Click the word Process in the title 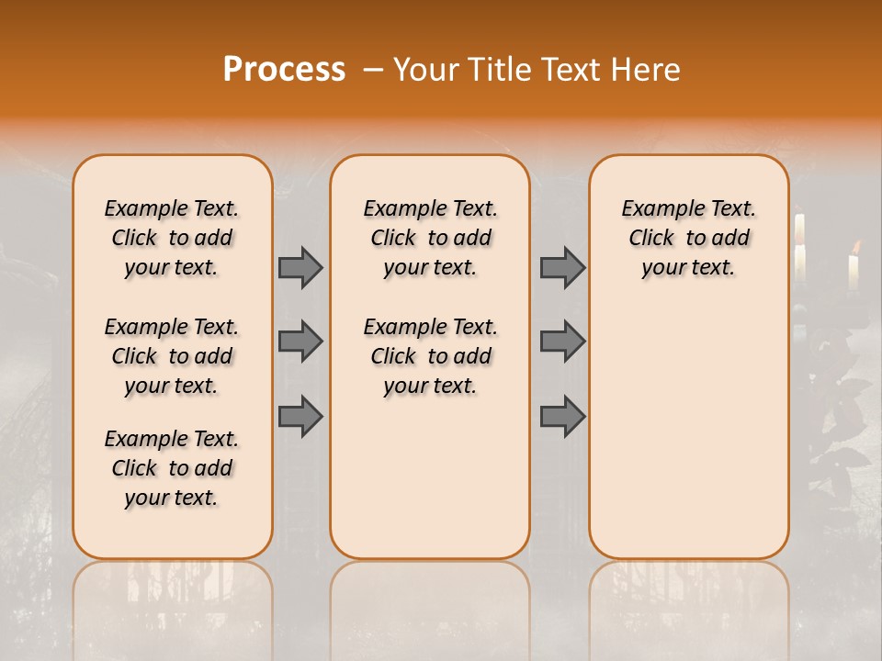pos(284,70)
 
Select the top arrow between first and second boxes pos(300,267)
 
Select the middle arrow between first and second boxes pos(300,342)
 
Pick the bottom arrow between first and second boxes pos(300,417)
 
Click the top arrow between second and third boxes pos(562,267)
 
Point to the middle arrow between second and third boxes pos(562,342)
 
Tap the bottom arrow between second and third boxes pos(562,417)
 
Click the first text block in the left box pos(172,238)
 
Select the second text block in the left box pos(172,356)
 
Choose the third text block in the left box pos(172,468)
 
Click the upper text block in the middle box pos(430,238)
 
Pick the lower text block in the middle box pos(430,356)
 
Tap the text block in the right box pos(688,238)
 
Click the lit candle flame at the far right pos(856,246)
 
